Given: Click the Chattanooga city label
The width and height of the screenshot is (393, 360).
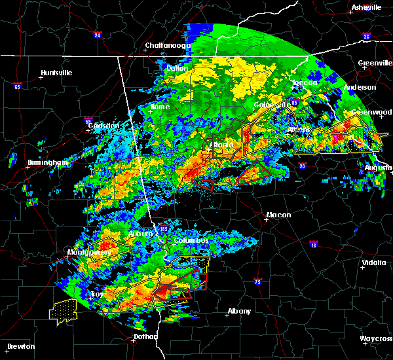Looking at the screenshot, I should click(168, 46).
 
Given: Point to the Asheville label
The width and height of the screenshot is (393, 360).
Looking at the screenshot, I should click(366, 7).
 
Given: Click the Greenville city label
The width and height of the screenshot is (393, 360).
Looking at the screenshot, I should click(375, 63).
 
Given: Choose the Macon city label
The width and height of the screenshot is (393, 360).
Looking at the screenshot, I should click(278, 215).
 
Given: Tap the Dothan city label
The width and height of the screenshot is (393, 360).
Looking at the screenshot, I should click(145, 336).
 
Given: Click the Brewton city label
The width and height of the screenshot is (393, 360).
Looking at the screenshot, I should click(21, 346).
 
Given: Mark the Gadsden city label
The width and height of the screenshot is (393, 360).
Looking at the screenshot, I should click(106, 126).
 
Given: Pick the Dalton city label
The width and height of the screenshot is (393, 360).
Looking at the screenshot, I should click(177, 68).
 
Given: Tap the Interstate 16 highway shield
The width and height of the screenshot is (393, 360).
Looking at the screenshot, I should click(313, 245).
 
